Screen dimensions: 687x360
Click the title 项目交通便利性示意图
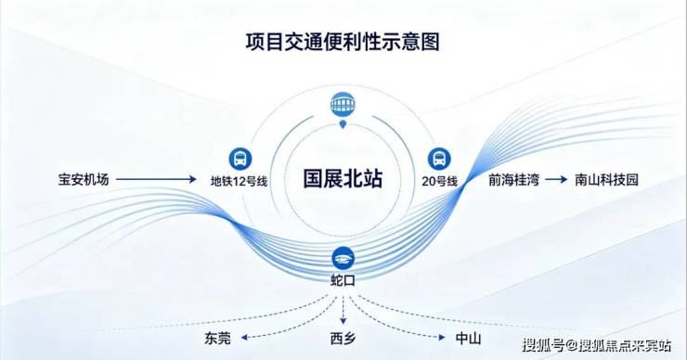coord(343,42)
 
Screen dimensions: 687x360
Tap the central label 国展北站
coord(343,179)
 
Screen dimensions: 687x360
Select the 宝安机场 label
coord(84,179)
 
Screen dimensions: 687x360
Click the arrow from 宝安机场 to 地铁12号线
coord(156,179)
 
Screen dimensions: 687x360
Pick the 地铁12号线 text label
coord(239,181)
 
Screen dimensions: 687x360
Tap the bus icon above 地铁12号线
coord(240,159)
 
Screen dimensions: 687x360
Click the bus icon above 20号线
coord(439,159)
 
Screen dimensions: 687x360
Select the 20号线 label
coord(439,181)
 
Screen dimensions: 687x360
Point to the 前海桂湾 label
coord(514,180)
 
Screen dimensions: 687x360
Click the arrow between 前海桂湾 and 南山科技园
coord(556,180)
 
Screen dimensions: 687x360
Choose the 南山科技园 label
coord(607,180)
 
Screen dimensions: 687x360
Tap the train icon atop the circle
coord(343,104)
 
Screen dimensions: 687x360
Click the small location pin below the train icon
coord(343,125)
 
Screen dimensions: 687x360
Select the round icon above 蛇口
coord(343,258)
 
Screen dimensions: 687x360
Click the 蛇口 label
coord(343,280)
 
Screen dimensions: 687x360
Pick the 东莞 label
coord(217,338)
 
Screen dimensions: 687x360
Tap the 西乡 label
coord(343,338)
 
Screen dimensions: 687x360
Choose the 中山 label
coord(469,338)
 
